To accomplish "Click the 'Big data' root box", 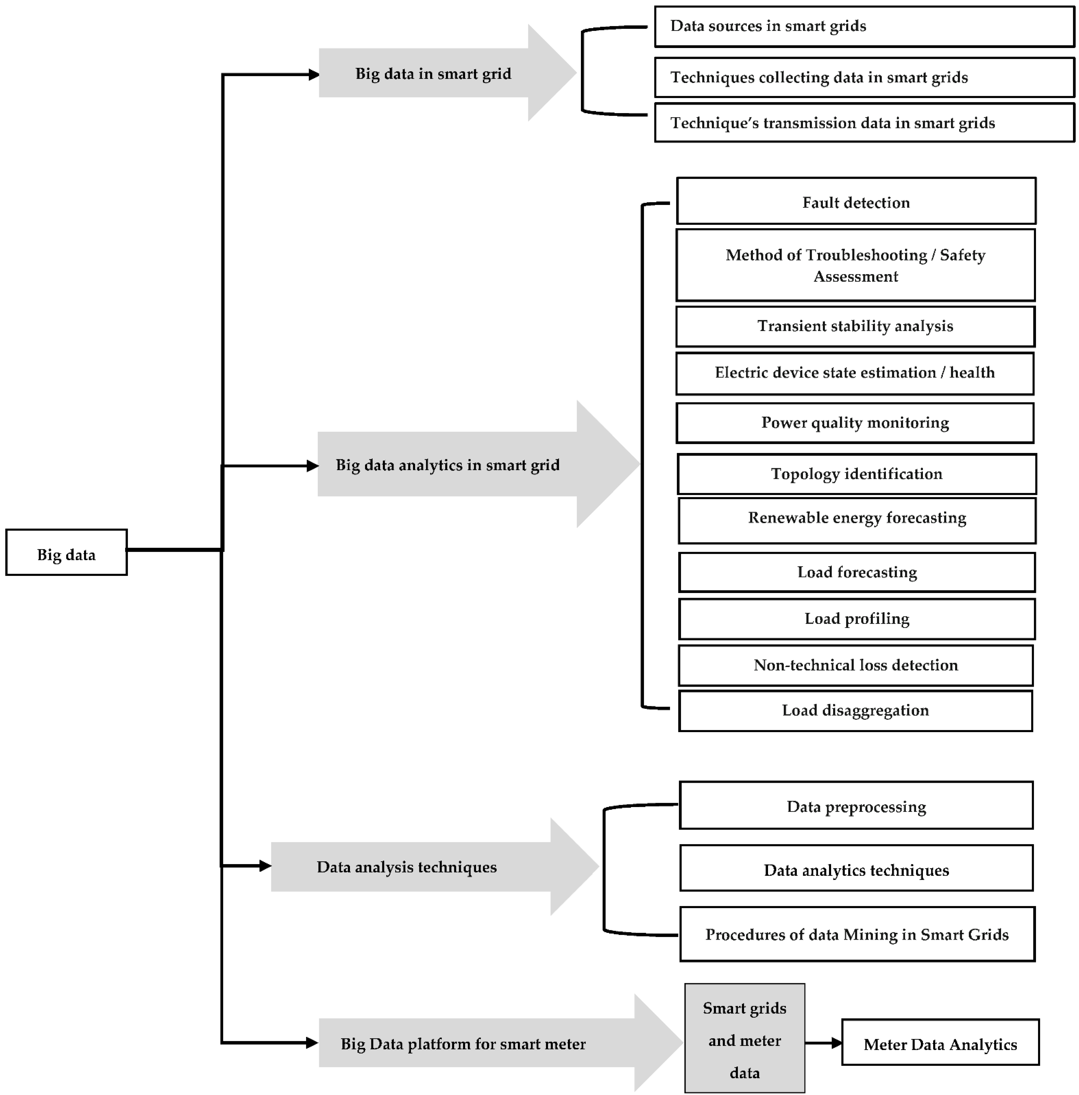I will tap(66, 553).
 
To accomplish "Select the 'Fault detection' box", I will tap(856, 202).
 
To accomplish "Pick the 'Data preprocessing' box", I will tap(856, 806).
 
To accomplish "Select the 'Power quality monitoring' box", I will tap(855, 423).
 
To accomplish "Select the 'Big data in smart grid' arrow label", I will tap(433, 74).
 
